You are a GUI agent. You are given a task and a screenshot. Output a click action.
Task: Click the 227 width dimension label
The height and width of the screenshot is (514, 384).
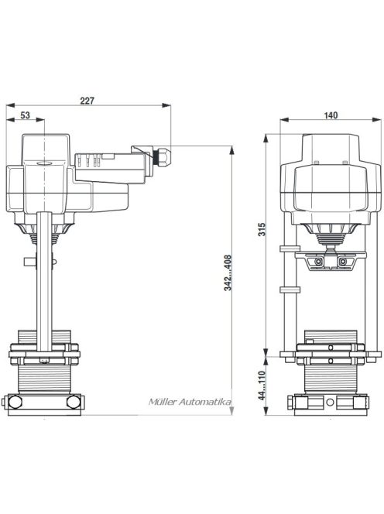click(87, 101)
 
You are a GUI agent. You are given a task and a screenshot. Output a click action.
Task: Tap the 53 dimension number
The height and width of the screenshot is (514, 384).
click(25, 116)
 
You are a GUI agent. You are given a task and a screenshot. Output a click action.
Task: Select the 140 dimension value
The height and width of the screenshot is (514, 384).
click(331, 115)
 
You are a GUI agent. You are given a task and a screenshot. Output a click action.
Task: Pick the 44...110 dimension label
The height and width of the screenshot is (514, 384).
click(262, 385)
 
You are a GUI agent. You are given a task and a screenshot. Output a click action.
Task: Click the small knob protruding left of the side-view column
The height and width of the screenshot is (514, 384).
click(29, 262)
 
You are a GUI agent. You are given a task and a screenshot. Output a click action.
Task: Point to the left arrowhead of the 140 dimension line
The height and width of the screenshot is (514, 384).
click(283, 121)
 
